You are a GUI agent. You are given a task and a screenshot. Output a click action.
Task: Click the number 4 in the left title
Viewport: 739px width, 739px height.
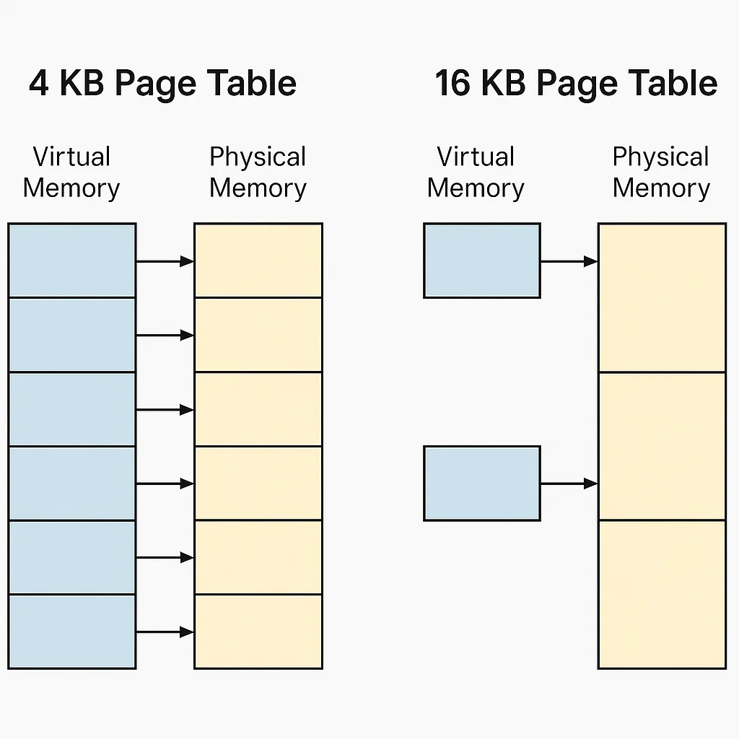coord(39,84)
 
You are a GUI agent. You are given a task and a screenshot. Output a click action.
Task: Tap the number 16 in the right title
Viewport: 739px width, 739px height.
coord(452,84)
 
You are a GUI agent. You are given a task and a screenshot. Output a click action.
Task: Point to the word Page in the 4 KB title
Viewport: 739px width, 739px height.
coord(155,84)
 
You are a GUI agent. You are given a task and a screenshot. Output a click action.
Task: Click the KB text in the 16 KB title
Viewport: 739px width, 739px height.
coord(504,84)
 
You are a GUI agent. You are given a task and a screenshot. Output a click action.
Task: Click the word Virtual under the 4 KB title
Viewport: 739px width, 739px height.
coord(71,157)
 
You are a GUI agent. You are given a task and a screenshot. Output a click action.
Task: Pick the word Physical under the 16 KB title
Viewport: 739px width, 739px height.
coord(660,157)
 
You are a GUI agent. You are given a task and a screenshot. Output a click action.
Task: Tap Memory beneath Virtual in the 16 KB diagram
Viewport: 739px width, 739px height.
coord(476,188)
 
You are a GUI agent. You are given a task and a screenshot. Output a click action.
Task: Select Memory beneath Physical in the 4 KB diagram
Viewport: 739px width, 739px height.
coord(258,188)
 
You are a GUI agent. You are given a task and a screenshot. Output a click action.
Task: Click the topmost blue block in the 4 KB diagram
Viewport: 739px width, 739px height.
coord(71,260)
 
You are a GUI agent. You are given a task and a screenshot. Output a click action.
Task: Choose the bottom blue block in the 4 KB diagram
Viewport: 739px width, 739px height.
coord(71,631)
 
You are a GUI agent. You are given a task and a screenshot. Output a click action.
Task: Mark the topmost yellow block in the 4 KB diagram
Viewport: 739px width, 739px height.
coord(258,260)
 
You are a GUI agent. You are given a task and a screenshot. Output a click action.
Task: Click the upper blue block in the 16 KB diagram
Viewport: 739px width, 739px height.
coord(481,260)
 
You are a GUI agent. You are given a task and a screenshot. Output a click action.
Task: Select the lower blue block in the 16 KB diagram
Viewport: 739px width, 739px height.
coord(481,483)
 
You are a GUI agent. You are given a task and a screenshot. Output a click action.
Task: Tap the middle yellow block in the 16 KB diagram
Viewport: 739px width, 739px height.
coord(661,445)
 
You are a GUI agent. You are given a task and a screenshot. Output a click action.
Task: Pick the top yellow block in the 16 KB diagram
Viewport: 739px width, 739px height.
coord(661,297)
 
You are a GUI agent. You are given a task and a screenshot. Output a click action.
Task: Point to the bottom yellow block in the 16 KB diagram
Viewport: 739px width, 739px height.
coord(661,593)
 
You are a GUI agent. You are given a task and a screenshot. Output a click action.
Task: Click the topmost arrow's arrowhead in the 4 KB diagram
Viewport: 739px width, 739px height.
coord(187,261)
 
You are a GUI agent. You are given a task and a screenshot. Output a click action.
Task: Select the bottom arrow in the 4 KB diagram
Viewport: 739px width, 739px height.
coord(165,632)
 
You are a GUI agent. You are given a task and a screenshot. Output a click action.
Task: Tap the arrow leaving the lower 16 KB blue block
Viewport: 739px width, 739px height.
coord(569,483)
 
